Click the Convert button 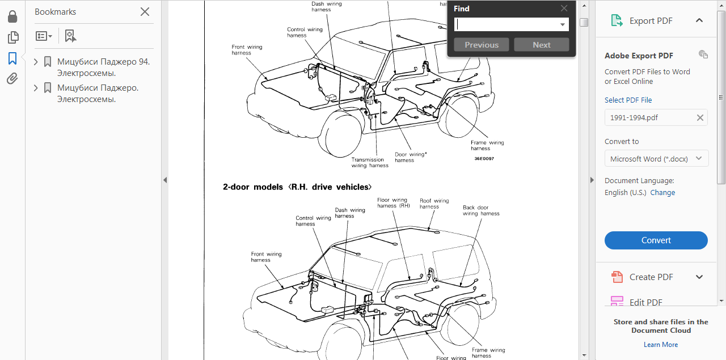point(656,240)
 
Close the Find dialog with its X point(564,9)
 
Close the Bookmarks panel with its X point(145,12)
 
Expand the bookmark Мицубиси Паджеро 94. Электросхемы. point(36,62)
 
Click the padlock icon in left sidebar point(12,17)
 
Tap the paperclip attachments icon point(12,79)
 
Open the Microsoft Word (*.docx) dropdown point(656,159)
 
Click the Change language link point(662,193)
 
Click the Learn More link point(661,345)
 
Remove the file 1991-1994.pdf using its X point(700,118)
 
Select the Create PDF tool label point(651,277)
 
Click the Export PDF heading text point(651,21)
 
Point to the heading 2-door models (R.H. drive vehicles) point(297,187)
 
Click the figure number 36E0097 point(484,159)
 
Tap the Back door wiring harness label point(481,210)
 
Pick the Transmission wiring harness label point(370,163)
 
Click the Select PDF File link point(628,100)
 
